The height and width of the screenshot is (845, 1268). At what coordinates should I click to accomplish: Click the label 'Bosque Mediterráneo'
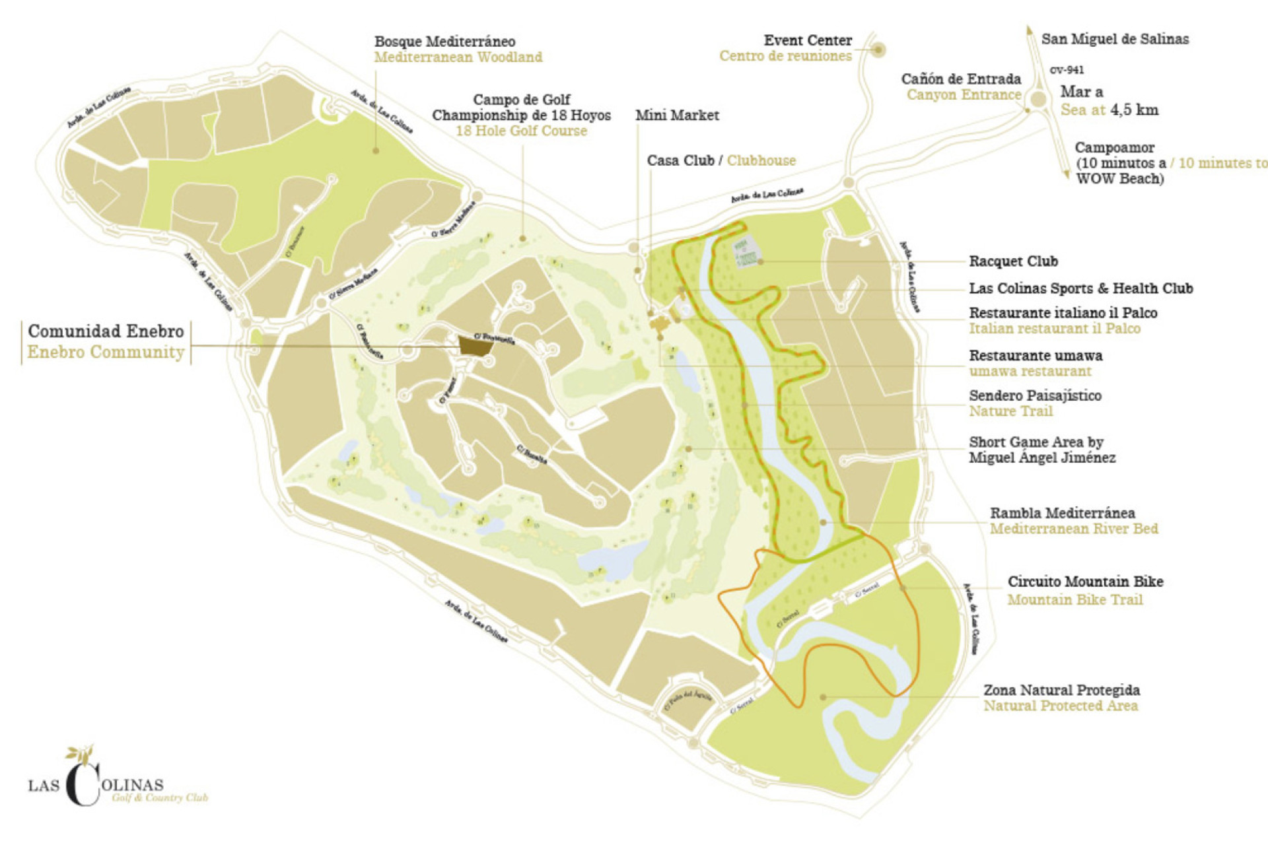(444, 42)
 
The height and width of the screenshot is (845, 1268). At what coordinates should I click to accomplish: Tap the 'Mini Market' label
(677, 116)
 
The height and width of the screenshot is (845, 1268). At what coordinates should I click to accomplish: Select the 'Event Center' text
(808, 40)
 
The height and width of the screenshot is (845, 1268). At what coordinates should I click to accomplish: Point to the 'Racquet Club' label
(1013, 261)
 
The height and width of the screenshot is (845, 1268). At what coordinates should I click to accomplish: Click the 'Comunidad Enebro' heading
(106, 331)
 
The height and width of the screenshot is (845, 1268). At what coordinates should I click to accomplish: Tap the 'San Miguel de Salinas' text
(1115, 39)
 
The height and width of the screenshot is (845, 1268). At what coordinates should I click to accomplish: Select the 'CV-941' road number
(1067, 70)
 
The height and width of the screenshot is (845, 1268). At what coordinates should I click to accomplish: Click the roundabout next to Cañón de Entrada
(1038, 100)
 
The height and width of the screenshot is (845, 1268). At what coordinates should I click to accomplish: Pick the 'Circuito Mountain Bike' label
(1085, 582)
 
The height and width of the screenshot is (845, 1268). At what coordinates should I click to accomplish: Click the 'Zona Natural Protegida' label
(1061, 691)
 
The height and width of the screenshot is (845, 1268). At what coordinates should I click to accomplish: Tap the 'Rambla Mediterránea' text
(1062, 513)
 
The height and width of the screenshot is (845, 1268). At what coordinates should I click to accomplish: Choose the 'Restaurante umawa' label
(1036, 356)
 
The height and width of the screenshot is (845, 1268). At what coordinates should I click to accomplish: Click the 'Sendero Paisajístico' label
(1035, 396)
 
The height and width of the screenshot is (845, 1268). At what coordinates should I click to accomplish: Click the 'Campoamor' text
(1114, 148)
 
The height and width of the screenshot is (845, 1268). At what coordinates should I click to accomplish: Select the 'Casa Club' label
(680, 160)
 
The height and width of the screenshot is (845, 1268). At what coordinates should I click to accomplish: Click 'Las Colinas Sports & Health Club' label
(1080, 288)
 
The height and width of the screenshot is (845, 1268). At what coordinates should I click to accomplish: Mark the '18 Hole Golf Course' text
(521, 131)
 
